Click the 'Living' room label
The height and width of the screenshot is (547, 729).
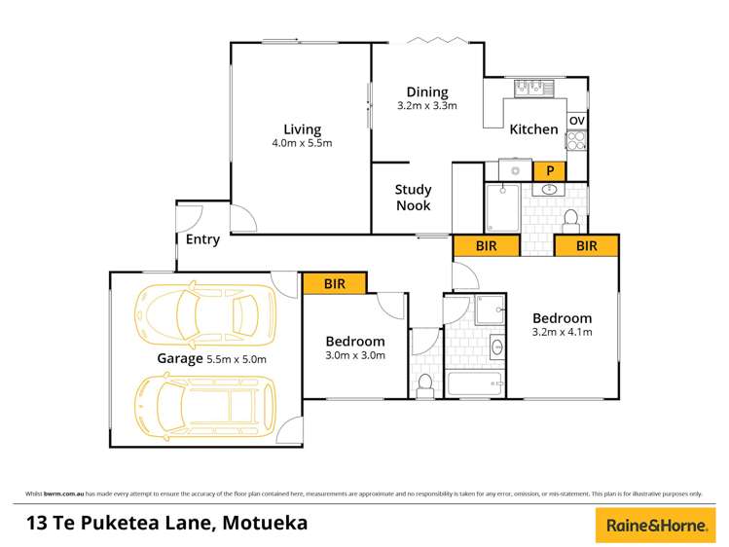click(302, 129)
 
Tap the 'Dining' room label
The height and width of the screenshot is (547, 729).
click(426, 92)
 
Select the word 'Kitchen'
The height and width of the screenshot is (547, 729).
click(534, 129)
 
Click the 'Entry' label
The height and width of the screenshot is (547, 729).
click(202, 239)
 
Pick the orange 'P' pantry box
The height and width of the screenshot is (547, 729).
click(550, 170)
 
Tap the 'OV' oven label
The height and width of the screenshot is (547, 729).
click(576, 121)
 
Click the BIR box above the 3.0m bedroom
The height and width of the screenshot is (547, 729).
click(334, 283)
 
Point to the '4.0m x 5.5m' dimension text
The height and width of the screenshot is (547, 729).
click(302, 144)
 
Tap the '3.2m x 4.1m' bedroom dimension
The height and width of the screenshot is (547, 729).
click(562, 332)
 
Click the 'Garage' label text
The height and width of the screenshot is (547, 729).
click(180, 358)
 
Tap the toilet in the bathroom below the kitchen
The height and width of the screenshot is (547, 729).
click(572, 216)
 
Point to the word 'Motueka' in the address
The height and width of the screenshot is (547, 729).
click(265, 523)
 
